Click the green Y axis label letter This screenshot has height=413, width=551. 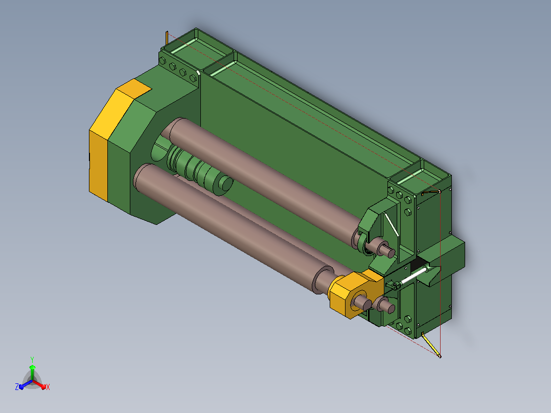point(32,359)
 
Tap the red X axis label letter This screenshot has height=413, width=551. point(48,387)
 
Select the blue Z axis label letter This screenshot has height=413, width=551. point(17,386)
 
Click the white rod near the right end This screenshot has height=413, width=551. point(415,276)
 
